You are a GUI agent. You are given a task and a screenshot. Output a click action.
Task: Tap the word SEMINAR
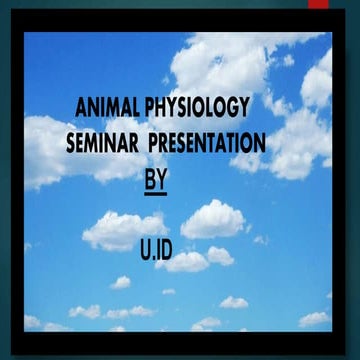pos(103,144)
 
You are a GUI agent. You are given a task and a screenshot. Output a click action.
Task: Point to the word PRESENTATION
pos(207,144)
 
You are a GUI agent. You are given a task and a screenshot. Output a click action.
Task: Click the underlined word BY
pos(156,181)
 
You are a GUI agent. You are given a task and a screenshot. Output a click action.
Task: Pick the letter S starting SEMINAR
pos(70,144)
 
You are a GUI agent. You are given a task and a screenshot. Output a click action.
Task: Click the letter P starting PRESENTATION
pos(153,144)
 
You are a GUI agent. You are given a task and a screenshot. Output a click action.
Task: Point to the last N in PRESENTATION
pos(259,144)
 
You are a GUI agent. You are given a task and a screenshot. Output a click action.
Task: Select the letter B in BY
pos(150,180)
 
